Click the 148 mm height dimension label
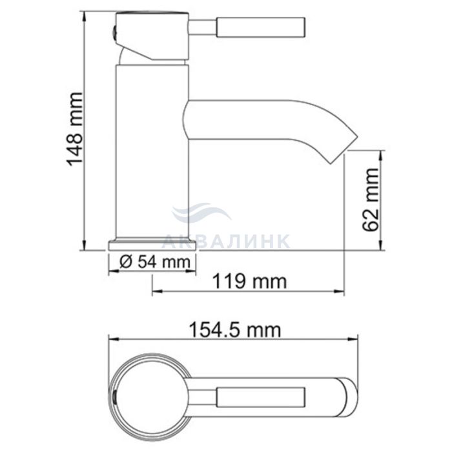(75, 129)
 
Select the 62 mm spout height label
(370, 200)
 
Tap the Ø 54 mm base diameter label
(155, 262)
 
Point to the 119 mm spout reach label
(250, 282)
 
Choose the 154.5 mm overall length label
(234, 330)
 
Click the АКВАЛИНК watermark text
(226, 241)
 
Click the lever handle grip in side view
(261, 27)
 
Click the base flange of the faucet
(152, 245)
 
